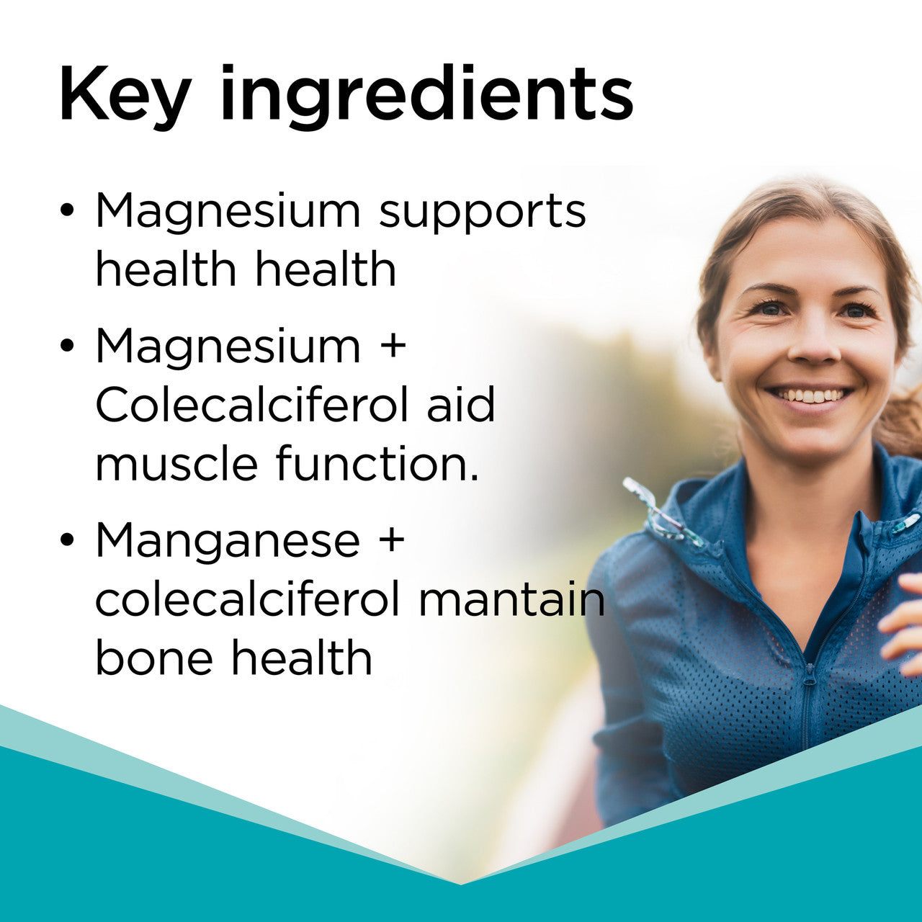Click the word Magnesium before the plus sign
(228, 346)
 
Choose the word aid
(461, 405)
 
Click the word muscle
(176, 464)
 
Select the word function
(377, 464)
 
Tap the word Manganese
(228, 540)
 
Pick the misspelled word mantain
(511, 599)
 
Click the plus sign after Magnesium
(392, 346)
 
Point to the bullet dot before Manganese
(67, 540)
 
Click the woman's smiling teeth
(810, 395)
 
